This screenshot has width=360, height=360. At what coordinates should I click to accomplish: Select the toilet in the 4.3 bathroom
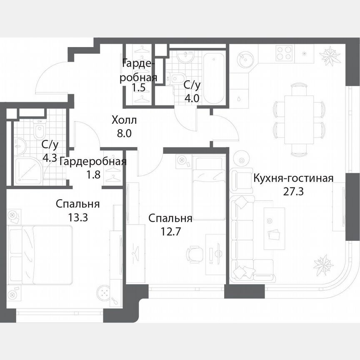point(39,131)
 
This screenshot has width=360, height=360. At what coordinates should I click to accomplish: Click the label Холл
point(124,121)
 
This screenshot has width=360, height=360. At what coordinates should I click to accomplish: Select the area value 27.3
point(293,192)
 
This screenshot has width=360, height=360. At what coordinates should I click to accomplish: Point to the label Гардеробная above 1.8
point(93,162)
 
